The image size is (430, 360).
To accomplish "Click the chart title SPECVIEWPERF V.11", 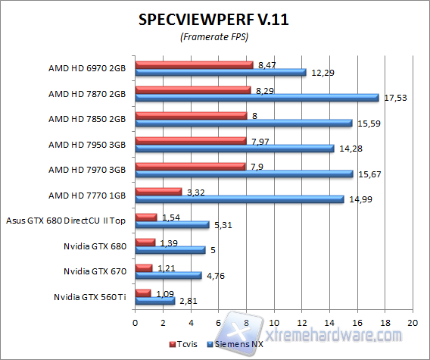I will coord(213,20).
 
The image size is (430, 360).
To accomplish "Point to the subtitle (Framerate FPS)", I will coord(213,36).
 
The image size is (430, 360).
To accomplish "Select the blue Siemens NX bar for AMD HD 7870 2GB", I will coord(257,97).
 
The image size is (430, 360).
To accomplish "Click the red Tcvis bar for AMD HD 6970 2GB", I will coord(194,64).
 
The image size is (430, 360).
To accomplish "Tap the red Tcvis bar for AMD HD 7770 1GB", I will coord(158,191).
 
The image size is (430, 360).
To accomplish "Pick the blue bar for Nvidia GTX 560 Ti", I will coord(154,300).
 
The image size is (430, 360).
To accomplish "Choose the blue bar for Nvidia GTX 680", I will coord(170,249).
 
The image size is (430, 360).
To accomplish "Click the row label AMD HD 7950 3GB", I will coord(86,144).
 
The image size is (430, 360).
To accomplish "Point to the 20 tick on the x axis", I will coord(413,323).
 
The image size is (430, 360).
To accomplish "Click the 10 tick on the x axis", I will coord(273,323).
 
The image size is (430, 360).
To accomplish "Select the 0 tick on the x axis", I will coord(135,323).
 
